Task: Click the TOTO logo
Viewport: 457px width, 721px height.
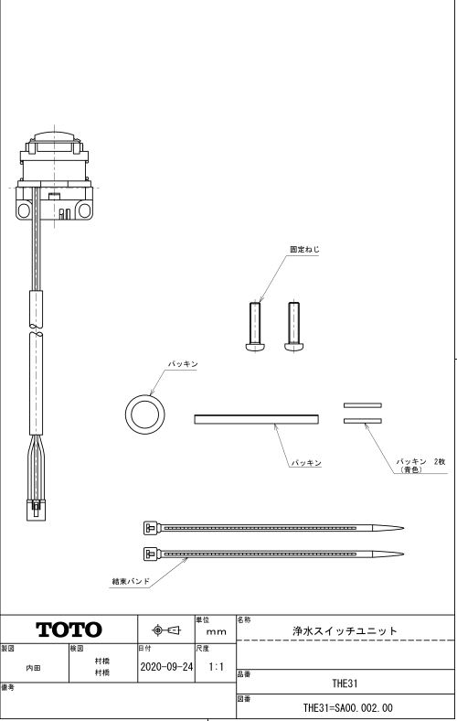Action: click(x=69, y=630)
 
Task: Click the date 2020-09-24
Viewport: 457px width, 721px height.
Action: click(x=166, y=667)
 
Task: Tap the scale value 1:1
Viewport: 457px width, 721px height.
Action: click(x=216, y=667)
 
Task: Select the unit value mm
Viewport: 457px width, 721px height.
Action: click(x=216, y=632)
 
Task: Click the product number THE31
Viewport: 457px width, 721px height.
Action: click(x=345, y=683)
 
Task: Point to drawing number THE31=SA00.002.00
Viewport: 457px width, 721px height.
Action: click(x=347, y=707)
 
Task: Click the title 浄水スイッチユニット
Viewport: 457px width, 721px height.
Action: click(x=345, y=631)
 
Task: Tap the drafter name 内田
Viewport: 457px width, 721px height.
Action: click(x=33, y=667)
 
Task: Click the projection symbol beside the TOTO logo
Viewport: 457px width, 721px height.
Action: click(x=166, y=630)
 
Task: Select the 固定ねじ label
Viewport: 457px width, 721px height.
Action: click(x=304, y=250)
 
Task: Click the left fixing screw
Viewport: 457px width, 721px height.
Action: click(x=254, y=327)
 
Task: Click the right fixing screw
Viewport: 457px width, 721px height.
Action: click(x=294, y=327)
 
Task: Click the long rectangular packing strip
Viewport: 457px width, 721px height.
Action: click(x=256, y=419)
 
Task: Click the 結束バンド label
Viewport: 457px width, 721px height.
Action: click(x=131, y=581)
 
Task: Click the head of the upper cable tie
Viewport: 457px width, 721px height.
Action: click(x=151, y=528)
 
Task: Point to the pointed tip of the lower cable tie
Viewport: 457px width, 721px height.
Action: click(x=403, y=554)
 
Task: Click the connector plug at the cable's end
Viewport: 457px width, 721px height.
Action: click(x=36, y=510)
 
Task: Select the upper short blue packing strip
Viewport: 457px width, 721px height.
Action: click(x=362, y=405)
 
